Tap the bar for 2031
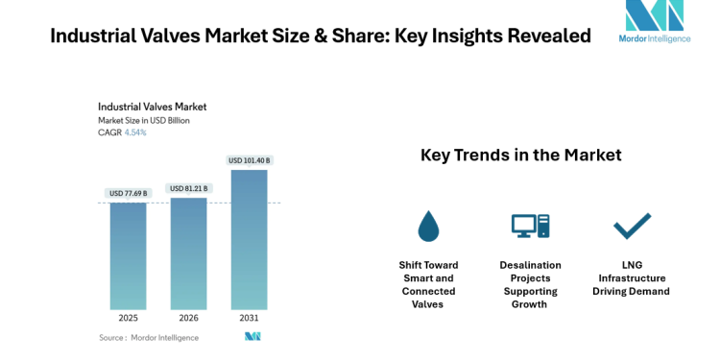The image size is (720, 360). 249,239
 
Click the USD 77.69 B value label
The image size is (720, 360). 128,193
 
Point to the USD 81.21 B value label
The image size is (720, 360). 188,188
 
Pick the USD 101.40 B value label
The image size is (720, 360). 250,160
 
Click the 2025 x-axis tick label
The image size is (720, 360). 128,318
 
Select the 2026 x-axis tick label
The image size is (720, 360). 188,318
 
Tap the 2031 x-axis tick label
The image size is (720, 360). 249,318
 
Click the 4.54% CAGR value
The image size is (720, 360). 135,132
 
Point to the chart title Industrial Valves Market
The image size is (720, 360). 152,107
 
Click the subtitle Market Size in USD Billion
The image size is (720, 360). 143,120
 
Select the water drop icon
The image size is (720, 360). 428,226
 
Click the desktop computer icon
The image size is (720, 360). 530,226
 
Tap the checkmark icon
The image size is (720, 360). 632,226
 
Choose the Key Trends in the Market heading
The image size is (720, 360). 520,155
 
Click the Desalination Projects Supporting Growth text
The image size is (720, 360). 530,284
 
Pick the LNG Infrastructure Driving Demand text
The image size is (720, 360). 631,277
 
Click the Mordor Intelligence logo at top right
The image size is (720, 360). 654,22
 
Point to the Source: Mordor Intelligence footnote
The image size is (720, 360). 149,337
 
